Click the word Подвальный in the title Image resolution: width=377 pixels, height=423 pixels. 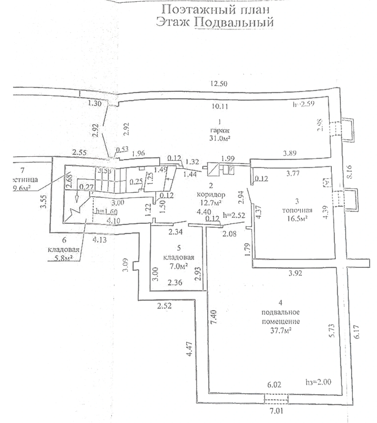click(234, 23)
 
